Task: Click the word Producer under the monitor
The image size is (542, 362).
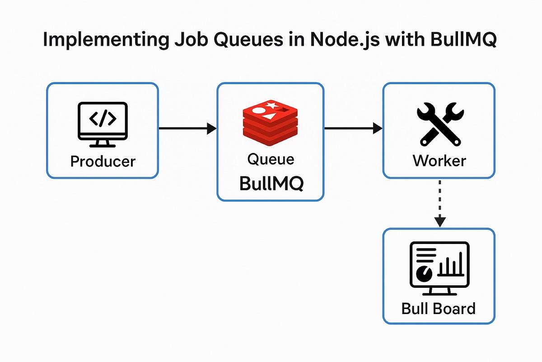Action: (x=103, y=161)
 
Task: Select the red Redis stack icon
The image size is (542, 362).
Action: (x=270, y=123)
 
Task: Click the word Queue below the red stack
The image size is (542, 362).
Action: (x=271, y=159)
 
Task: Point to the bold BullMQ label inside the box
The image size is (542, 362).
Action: (x=271, y=184)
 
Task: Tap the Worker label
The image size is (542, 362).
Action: (x=439, y=161)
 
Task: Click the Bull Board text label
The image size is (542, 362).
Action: (x=439, y=309)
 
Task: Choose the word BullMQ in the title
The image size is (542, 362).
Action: (x=461, y=40)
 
